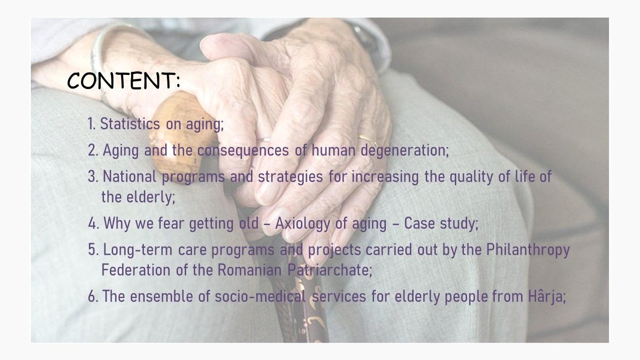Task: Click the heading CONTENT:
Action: point(124,80)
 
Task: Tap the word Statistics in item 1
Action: point(130,124)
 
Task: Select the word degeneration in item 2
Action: point(404,150)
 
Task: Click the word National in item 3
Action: point(129,176)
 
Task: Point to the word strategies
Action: point(290,177)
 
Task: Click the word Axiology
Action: point(303,223)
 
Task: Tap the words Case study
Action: point(441,223)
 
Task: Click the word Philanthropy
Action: point(528,250)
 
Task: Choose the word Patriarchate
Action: point(330,270)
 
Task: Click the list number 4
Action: point(94,223)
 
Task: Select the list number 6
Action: point(93,296)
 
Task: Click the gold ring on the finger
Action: point(368,140)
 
